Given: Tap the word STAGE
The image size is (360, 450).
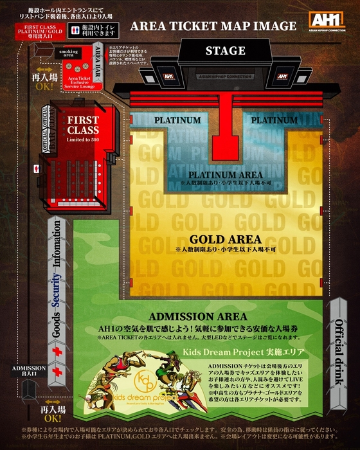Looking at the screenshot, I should (225, 50).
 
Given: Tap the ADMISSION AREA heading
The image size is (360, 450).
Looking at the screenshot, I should (197, 317).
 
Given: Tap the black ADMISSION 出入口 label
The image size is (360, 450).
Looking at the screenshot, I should (28, 372).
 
